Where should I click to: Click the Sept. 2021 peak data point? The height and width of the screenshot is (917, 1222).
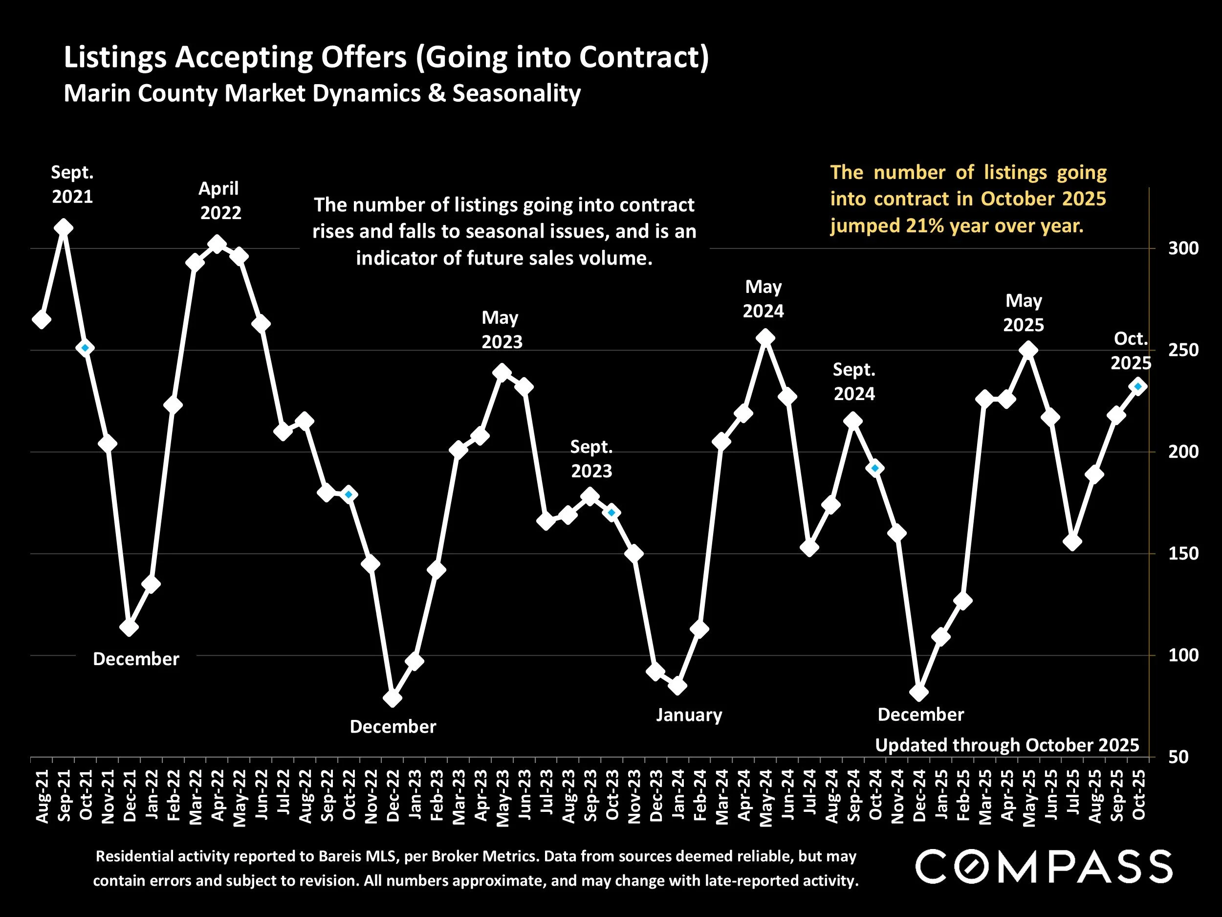click(x=64, y=228)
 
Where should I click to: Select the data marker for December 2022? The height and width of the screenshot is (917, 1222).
click(x=393, y=698)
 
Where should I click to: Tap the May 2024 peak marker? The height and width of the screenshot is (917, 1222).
click(x=765, y=338)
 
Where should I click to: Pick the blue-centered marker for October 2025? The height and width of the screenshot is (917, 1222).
click(x=1137, y=386)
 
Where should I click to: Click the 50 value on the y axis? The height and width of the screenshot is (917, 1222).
click(x=1178, y=757)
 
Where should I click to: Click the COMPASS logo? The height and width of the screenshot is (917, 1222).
click(x=1044, y=866)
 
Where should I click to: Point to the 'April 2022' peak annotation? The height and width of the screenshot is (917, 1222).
click(x=220, y=201)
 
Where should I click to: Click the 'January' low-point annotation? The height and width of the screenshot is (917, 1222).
click(x=689, y=715)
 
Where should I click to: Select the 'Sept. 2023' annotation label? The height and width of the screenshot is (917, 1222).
click(x=591, y=459)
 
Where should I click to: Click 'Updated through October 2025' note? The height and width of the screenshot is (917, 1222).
click(x=1007, y=745)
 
